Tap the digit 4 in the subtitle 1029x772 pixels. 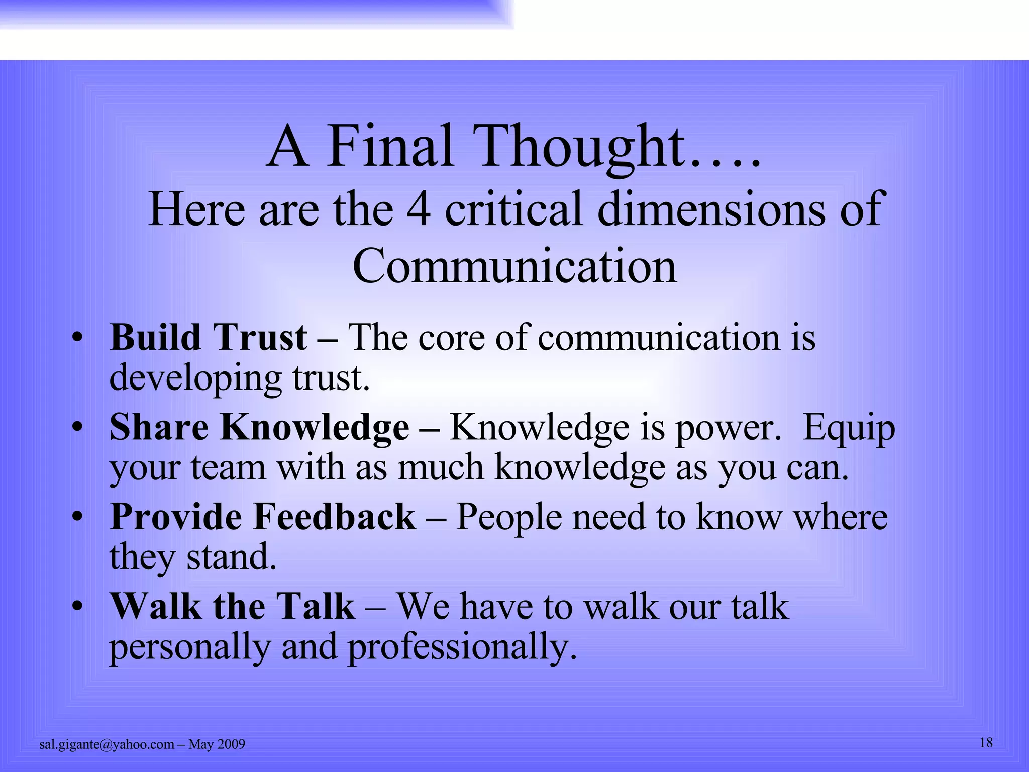tap(418, 209)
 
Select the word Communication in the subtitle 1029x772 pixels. tap(514, 266)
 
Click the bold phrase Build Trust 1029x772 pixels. tap(208, 337)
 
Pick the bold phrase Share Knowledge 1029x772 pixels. tap(259, 427)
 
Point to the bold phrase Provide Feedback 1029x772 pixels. tap(263, 517)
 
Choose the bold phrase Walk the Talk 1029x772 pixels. tap(232, 606)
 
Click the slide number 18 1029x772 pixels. tap(986, 743)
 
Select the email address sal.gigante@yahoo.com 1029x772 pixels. tap(107, 744)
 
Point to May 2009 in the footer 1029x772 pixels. tap(217, 744)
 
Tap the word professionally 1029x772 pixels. tap(462, 647)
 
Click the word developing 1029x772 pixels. tap(195, 378)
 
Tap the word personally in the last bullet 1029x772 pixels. tap(190, 647)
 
